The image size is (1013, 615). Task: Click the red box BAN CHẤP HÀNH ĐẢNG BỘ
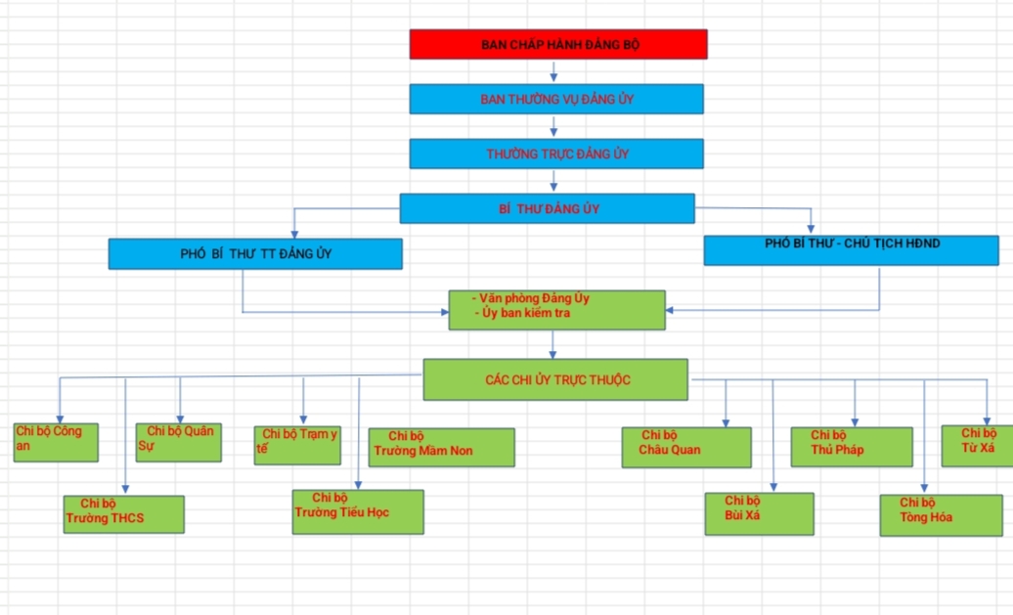tap(558, 44)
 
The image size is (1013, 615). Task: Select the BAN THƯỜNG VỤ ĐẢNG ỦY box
tap(556, 99)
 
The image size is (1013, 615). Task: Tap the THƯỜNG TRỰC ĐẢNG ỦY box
tap(556, 154)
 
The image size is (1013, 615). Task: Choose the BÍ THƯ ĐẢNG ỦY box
tap(547, 208)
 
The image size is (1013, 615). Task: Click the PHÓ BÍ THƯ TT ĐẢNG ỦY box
tap(255, 254)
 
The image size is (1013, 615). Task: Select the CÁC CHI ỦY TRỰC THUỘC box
tap(555, 379)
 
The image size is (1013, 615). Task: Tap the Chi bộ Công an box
tap(56, 442)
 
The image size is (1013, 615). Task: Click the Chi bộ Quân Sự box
tap(179, 442)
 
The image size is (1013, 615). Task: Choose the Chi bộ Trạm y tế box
tap(297, 445)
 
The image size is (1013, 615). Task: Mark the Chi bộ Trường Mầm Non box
tap(441, 447)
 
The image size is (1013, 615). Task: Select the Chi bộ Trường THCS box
tap(124, 514)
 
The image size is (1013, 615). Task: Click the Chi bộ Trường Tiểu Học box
tap(359, 511)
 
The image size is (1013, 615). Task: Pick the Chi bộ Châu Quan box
tap(687, 447)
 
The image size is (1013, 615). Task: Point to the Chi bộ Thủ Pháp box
tap(852, 446)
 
